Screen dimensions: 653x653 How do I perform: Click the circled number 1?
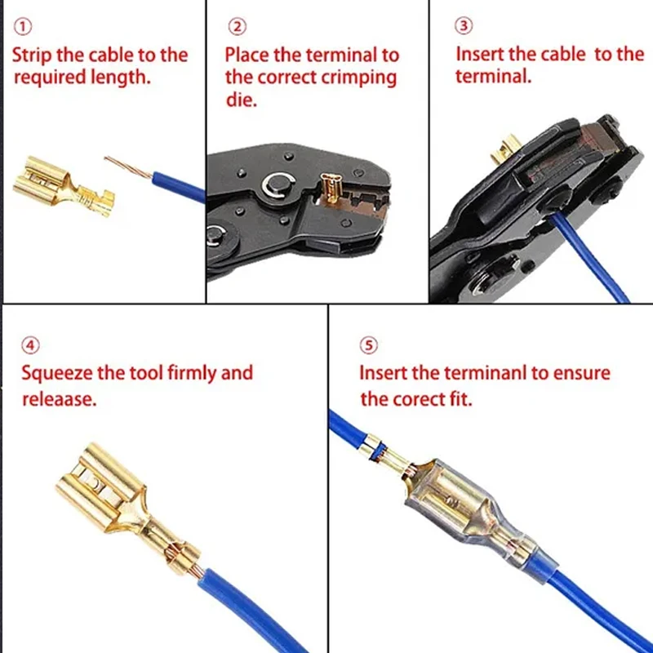tap(23, 27)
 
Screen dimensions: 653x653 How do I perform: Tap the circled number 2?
tap(237, 27)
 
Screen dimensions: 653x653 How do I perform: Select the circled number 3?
tap(464, 26)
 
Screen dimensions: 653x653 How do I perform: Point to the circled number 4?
tap(31, 345)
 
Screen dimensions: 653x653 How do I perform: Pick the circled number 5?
tap(369, 345)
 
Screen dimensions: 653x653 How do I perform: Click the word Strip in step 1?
tap(33, 56)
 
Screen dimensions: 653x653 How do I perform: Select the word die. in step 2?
tap(241, 100)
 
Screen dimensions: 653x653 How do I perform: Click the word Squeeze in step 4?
tap(56, 374)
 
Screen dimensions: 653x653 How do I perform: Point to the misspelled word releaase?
tap(59, 399)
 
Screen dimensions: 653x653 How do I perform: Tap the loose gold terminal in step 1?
tap(63, 186)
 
